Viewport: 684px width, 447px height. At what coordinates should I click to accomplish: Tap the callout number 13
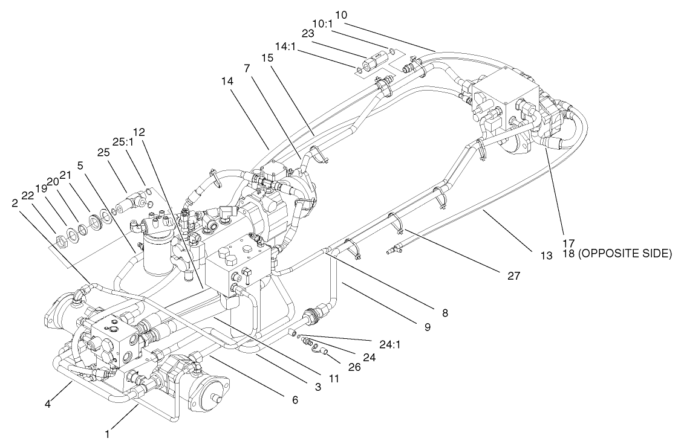coord(547,256)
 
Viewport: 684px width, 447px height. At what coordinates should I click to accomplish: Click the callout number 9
coord(427,327)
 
